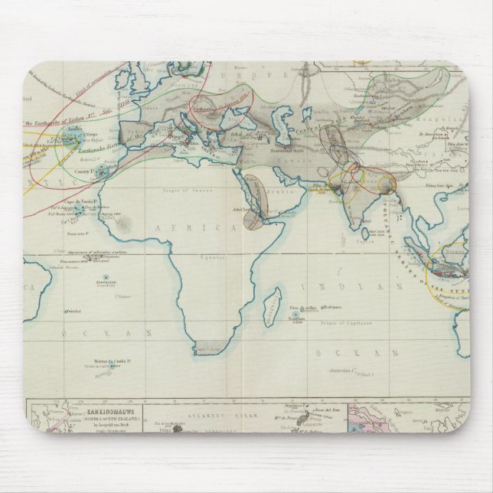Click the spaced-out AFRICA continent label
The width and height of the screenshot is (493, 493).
pos(198,228)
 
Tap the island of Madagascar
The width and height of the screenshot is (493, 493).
pos(269,313)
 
